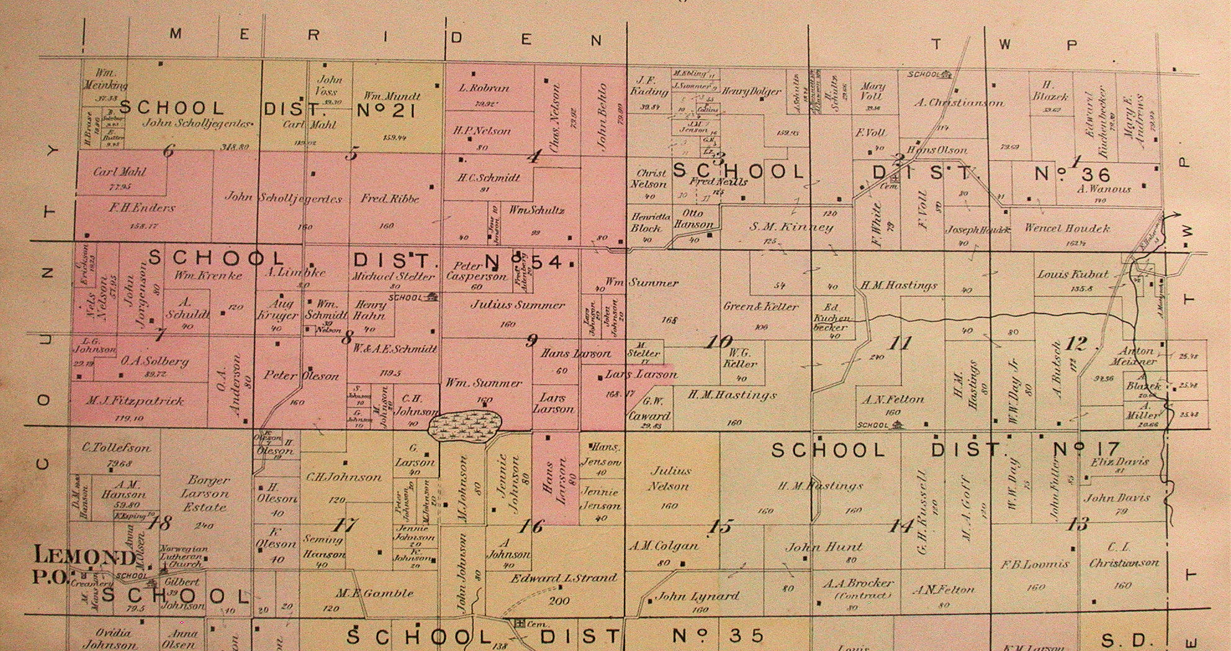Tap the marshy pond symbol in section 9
(466, 424)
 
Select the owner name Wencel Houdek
(1066, 228)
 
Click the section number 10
(720, 342)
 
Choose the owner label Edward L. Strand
(564, 578)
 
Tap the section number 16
(531, 527)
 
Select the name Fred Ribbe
(390, 199)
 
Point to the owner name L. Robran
(484, 88)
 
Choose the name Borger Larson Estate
(205, 493)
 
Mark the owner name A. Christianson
(958, 102)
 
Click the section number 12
(1075, 344)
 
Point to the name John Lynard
(697, 596)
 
